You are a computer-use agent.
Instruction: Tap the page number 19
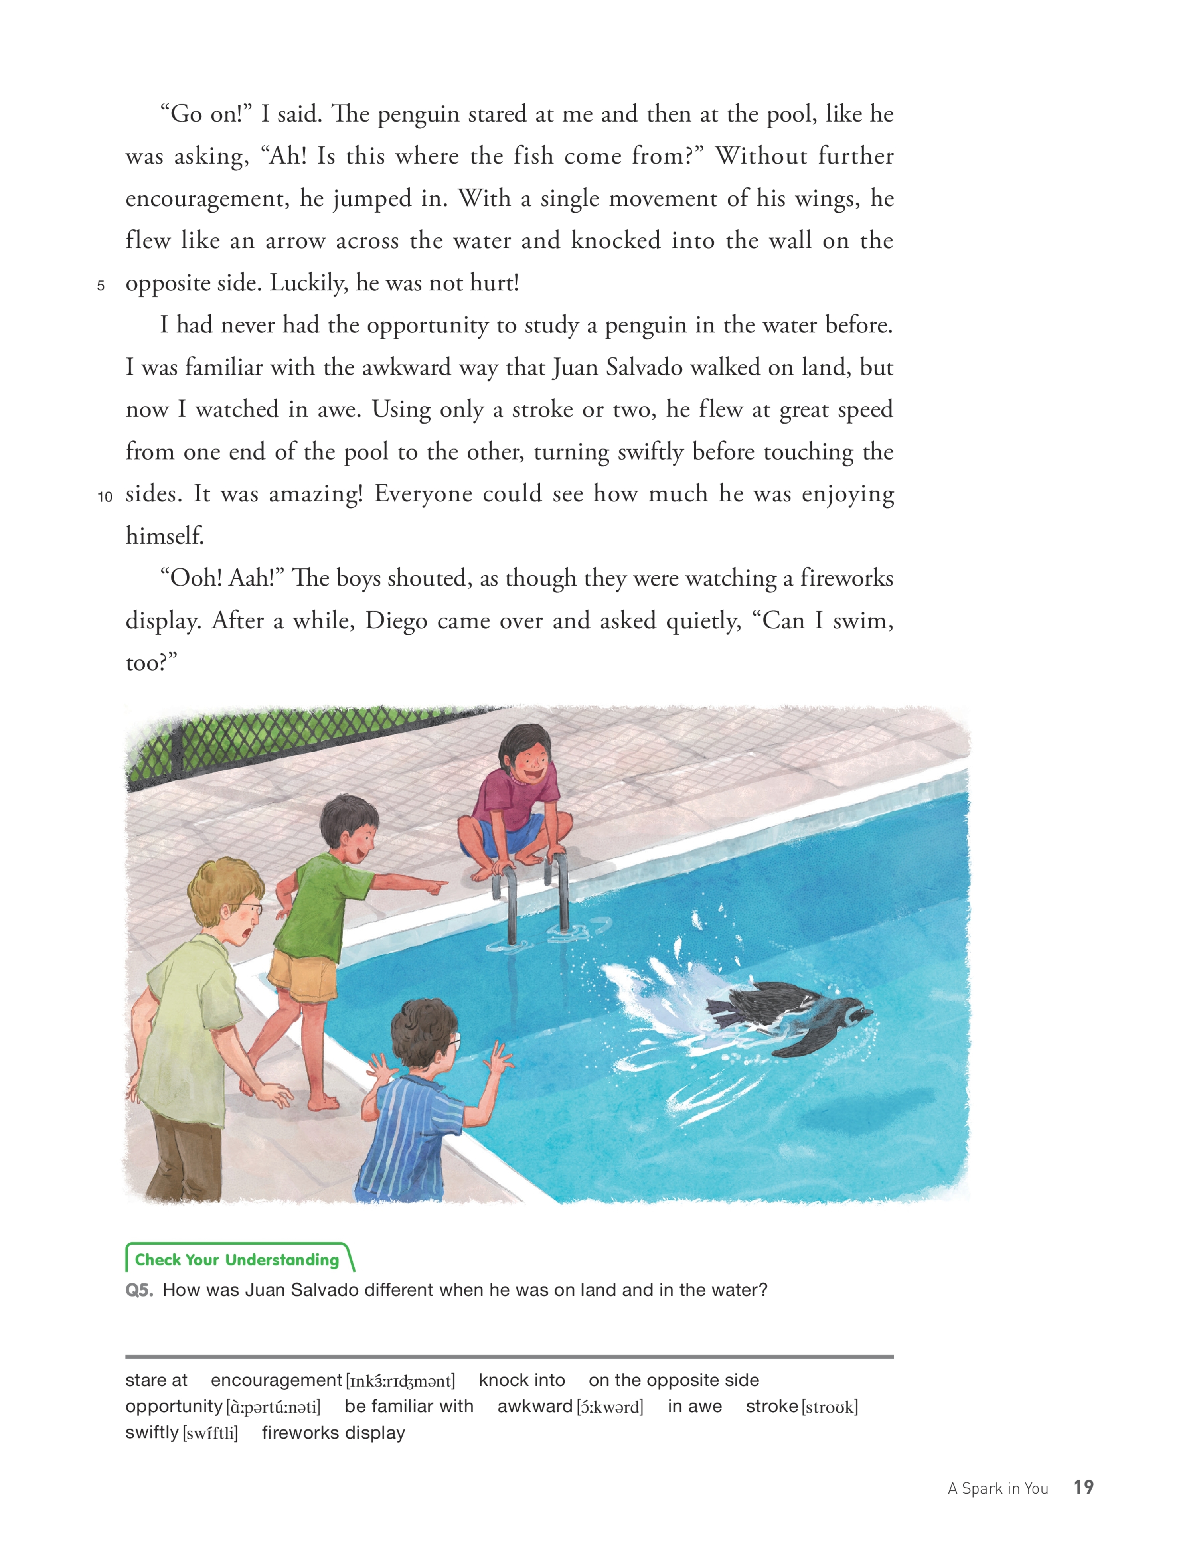point(1083,1487)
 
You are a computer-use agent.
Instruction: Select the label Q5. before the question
point(139,1290)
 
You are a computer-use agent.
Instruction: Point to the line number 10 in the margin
point(105,496)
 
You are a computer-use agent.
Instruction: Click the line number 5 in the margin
point(101,286)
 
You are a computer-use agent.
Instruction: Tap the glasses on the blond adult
point(246,910)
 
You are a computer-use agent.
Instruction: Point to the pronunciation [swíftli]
point(211,1433)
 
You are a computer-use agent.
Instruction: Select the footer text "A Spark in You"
point(997,1489)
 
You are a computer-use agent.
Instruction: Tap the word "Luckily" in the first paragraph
point(308,284)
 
